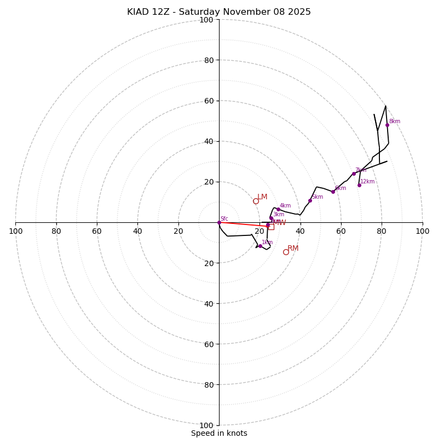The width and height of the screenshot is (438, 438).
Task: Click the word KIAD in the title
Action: tap(139, 12)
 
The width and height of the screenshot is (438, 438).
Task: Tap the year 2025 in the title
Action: tap(299, 12)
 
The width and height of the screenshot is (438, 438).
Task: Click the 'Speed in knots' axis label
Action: tap(219, 433)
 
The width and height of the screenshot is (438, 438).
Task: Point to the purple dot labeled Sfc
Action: tap(219, 222)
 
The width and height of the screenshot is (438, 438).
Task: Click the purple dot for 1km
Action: tap(260, 246)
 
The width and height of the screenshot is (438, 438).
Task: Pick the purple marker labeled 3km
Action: tap(271, 218)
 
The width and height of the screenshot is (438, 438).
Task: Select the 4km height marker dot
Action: tap(278, 209)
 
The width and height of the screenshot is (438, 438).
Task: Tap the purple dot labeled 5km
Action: tap(310, 200)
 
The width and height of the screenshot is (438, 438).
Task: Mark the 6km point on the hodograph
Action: tap(333, 192)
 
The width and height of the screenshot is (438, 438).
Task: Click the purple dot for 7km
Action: tap(354, 174)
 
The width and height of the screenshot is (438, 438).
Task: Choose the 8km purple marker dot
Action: tap(387, 125)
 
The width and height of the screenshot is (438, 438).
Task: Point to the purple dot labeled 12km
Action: tap(359, 185)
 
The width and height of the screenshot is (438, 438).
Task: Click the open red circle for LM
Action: tap(256, 201)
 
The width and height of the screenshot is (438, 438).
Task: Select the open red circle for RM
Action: tap(286, 252)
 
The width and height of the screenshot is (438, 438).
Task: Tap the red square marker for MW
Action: tap(271, 226)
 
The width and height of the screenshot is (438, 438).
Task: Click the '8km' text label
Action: tap(395, 122)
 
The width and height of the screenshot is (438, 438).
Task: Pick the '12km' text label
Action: tap(367, 182)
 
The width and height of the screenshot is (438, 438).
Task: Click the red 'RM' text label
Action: tap(293, 249)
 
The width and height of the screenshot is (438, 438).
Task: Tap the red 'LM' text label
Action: tap(262, 197)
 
